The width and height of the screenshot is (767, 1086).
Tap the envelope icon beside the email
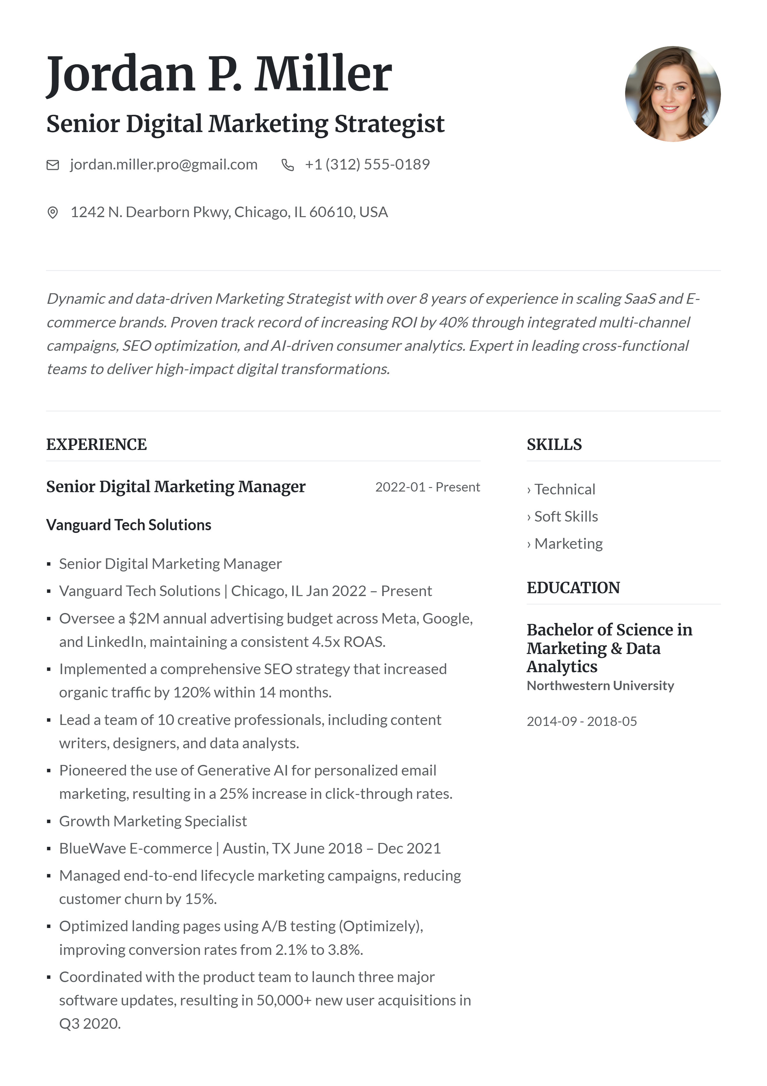click(52, 165)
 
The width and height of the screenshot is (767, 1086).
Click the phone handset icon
click(287, 165)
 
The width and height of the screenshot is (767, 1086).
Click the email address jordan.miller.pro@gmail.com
click(164, 165)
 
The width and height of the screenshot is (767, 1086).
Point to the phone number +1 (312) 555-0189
click(367, 165)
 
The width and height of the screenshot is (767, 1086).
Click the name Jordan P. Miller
click(219, 74)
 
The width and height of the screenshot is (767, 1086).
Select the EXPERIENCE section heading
click(97, 445)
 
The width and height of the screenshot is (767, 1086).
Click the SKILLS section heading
click(554, 445)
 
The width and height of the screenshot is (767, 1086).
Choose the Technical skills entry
click(564, 490)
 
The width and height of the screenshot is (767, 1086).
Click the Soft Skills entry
click(566, 516)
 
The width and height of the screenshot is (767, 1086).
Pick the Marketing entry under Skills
click(568, 544)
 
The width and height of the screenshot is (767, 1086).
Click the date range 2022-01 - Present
click(427, 487)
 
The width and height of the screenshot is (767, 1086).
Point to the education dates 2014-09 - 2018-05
click(581, 721)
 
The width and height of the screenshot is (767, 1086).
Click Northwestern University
click(600, 686)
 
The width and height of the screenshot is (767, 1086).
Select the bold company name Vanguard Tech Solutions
click(128, 525)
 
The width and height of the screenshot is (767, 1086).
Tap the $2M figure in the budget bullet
click(144, 619)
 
